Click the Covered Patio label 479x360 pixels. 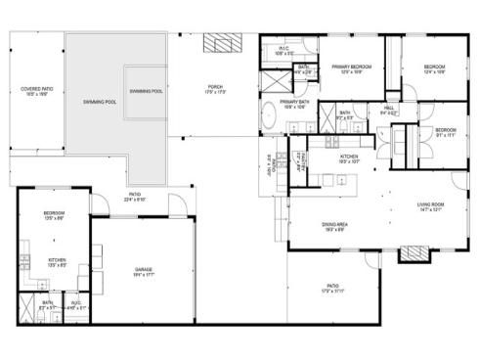(x=37, y=92)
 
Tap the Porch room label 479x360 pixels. (x=216, y=89)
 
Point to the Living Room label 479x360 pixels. (x=431, y=206)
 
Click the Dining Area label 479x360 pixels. (x=335, y=227)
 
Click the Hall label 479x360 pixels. (x=389, y=110)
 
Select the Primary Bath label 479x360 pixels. (x=296, y=103)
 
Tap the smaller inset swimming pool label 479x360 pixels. (x=147, y=91)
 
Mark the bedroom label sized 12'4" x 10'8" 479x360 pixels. (x=434, y=68)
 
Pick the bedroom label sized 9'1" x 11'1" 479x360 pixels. (x=445, y=132)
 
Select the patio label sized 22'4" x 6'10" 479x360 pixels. (x=133, y=196)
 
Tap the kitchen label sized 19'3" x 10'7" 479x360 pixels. (x=350, y=158)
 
